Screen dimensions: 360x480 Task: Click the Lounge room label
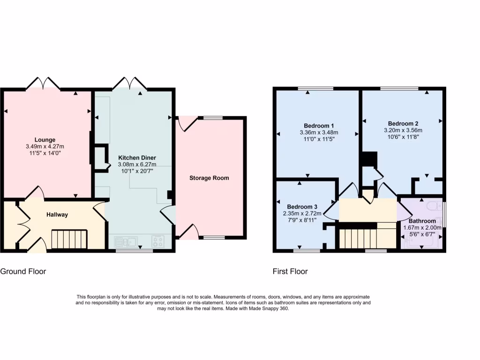tap(45, 140)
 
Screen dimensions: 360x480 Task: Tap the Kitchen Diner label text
tap(137, 157)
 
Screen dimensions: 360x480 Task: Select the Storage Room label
tap(209, 178)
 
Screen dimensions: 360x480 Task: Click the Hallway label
tap(57, 215)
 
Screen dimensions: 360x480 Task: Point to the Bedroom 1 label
tap(319, 126)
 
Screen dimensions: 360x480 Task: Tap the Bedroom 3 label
tap(302, 207)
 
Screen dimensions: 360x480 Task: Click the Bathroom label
tap(422, 221)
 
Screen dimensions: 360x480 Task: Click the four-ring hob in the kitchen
tap(158, 242)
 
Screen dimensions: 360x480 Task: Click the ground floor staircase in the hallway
tap(69, 239)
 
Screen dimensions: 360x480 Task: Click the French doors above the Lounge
tap(43, 83)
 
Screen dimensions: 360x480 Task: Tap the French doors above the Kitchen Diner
tap(130, 83)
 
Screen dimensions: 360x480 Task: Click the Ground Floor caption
tap(23, 271)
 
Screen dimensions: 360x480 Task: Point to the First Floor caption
tap(290, 271)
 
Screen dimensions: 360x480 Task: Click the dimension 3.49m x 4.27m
tap(45, 146)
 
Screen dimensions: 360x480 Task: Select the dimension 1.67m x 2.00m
tap(422, 228)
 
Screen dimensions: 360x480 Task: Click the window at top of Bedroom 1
tap(315, 88)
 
